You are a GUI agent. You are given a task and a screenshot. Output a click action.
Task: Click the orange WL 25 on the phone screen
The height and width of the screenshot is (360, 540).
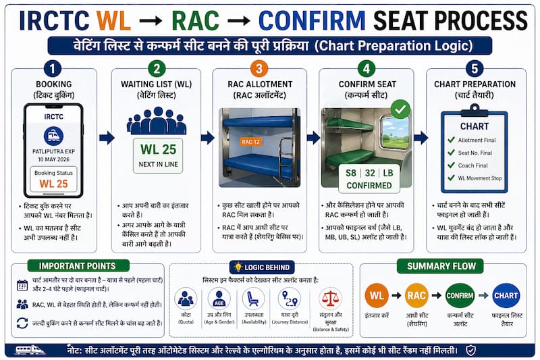click(53, 183)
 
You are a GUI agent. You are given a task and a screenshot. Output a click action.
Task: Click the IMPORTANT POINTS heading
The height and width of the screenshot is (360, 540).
click(87, 266)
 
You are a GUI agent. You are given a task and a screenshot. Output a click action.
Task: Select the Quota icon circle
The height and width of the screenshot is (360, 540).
click(186, 299)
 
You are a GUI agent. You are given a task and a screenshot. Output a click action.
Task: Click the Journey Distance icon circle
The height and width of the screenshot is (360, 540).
click(290, 299)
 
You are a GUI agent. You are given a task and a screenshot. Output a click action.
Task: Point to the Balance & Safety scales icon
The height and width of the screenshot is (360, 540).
click(330, 299)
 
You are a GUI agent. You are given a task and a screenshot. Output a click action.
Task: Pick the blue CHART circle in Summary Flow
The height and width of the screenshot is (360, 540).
click(506, 295)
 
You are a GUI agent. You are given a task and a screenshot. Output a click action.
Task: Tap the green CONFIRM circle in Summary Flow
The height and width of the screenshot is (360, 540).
click(460, 295)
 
